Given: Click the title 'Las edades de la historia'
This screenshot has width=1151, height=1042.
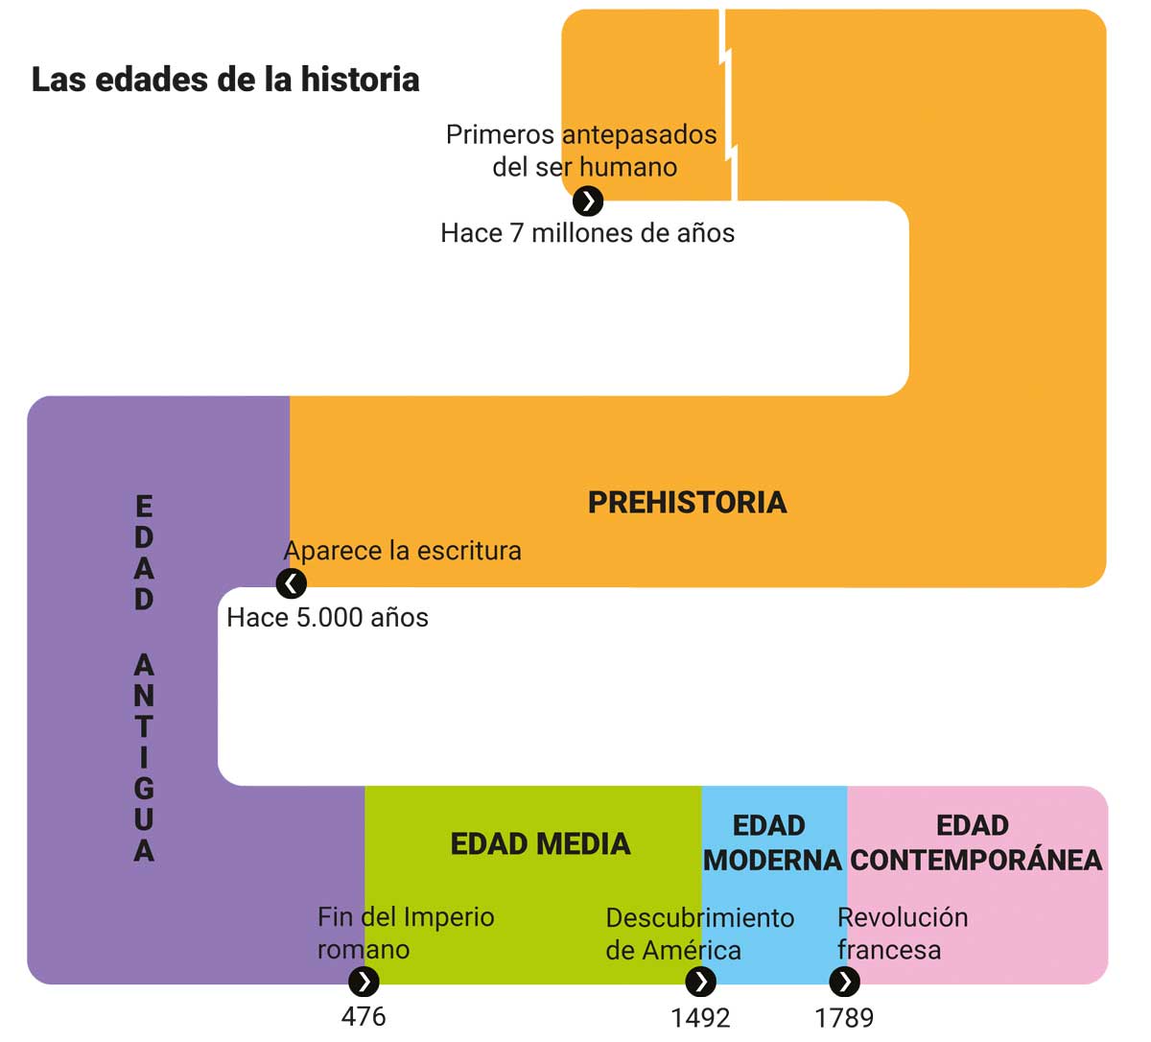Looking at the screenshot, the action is coord(225,80).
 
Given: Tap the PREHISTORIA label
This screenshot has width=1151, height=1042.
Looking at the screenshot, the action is coord(688,503).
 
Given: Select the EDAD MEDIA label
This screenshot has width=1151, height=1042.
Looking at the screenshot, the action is coord(541,844).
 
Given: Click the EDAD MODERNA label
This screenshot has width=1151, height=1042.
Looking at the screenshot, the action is coord(772,842).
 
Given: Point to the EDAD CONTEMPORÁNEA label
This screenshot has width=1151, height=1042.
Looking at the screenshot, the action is coord(976,842).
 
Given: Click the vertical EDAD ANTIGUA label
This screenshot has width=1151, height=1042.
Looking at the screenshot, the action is coord(144,678).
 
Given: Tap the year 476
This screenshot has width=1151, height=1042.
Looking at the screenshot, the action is coord(364,1017).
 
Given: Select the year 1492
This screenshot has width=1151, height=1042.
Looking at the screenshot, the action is coord(700,1018).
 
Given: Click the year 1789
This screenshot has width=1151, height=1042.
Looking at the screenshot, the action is coord(844,1018).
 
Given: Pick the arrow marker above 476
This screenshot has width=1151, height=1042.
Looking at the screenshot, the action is coord(364,982).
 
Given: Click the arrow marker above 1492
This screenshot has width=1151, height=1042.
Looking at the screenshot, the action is coord(700,982).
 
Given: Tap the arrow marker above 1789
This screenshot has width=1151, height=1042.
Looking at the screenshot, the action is coord(845,982).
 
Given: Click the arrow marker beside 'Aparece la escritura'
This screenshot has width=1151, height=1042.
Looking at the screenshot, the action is coord(292,584).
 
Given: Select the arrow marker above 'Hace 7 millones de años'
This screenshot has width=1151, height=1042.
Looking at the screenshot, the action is coord(588,201).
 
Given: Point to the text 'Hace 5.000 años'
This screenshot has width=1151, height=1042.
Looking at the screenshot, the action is coord(328,618).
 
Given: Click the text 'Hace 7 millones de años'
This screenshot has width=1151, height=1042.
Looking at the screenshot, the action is coord(588,234).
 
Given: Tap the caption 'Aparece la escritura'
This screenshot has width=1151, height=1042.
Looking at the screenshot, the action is coord(403,551).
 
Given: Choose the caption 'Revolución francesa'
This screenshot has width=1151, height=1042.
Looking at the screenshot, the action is coord(904,934).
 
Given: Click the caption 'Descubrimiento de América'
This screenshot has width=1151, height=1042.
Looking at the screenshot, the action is coord(700,935).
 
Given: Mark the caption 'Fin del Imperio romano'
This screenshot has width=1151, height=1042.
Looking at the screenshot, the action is coord(406,934).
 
